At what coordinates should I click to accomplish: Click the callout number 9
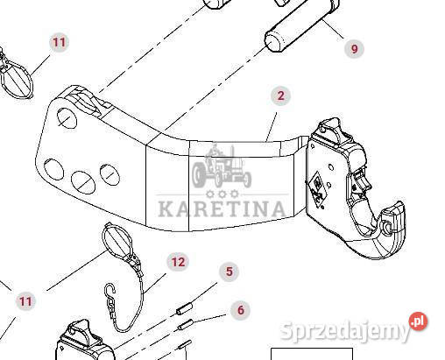[354, 48]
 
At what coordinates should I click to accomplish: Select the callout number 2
[280, 95]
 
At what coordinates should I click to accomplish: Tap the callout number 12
[178, 262]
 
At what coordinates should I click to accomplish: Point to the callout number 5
[230, 272]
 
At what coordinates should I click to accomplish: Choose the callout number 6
[241, 310]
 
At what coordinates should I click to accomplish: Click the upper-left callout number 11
[59, 43]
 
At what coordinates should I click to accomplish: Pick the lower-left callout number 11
[25, 301]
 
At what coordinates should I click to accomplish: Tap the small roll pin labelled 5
[185, 309]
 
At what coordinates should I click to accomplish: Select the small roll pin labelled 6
[186, 324]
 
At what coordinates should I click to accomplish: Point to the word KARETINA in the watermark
[222, 208]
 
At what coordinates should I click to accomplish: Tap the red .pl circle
[418, 321]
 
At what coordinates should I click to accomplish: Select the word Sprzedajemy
[345, 330]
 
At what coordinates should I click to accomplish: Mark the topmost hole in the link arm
[67, 118]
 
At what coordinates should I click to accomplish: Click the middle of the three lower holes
[83, 181]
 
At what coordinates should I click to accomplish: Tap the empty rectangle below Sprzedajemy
[312, 354]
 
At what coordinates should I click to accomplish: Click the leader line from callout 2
[271, 127]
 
